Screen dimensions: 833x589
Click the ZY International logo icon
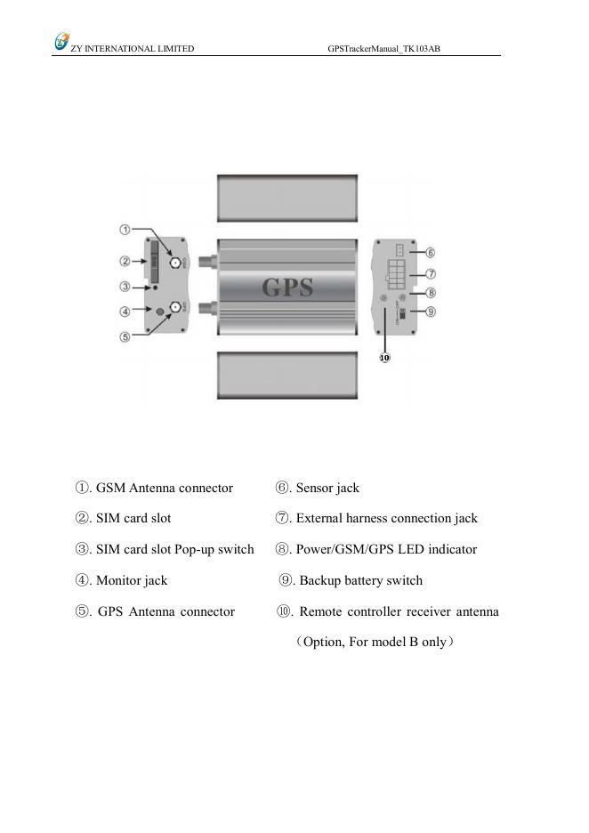61,41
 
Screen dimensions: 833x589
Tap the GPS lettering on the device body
287,287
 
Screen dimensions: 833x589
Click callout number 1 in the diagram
125,230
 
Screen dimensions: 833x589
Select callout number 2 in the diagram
125,262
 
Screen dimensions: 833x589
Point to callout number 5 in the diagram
125,336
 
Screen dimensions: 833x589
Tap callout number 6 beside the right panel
430,252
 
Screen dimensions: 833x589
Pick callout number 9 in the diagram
430,311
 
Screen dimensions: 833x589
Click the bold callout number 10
384,358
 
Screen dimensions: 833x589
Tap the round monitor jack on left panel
160,310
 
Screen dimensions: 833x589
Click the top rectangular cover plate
287,198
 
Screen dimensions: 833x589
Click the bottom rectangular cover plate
287,374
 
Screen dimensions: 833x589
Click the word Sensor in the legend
314,488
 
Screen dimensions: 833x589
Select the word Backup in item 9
321,580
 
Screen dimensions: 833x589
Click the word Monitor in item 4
119,580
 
